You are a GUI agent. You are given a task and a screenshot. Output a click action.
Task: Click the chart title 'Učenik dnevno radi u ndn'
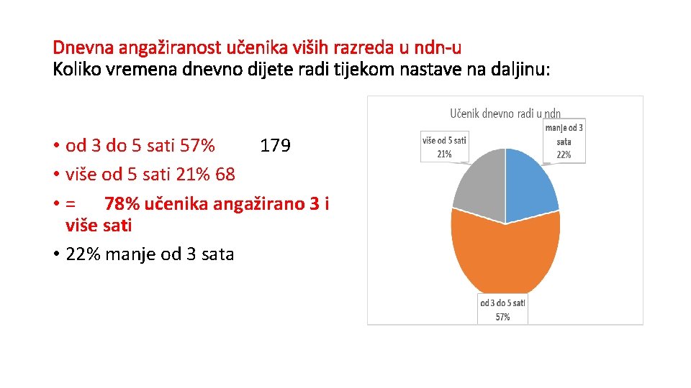pos(505,114)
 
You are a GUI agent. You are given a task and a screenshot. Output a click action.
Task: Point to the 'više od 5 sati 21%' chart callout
pos(444,147)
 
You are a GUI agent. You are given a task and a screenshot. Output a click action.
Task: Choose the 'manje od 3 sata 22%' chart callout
pos(564,141)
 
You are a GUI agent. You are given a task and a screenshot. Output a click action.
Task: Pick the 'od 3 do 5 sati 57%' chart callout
pos(503,310)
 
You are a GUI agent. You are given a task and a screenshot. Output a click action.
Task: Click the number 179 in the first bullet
pos(275,147)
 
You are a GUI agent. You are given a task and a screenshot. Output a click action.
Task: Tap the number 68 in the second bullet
pos(225,175)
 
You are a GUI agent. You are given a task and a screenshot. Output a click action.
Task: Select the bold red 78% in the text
pos(122,204)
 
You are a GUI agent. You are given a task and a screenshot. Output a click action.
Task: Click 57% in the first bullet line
pos(197,147)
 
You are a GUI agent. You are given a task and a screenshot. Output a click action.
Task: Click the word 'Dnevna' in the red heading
pos(79,48)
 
